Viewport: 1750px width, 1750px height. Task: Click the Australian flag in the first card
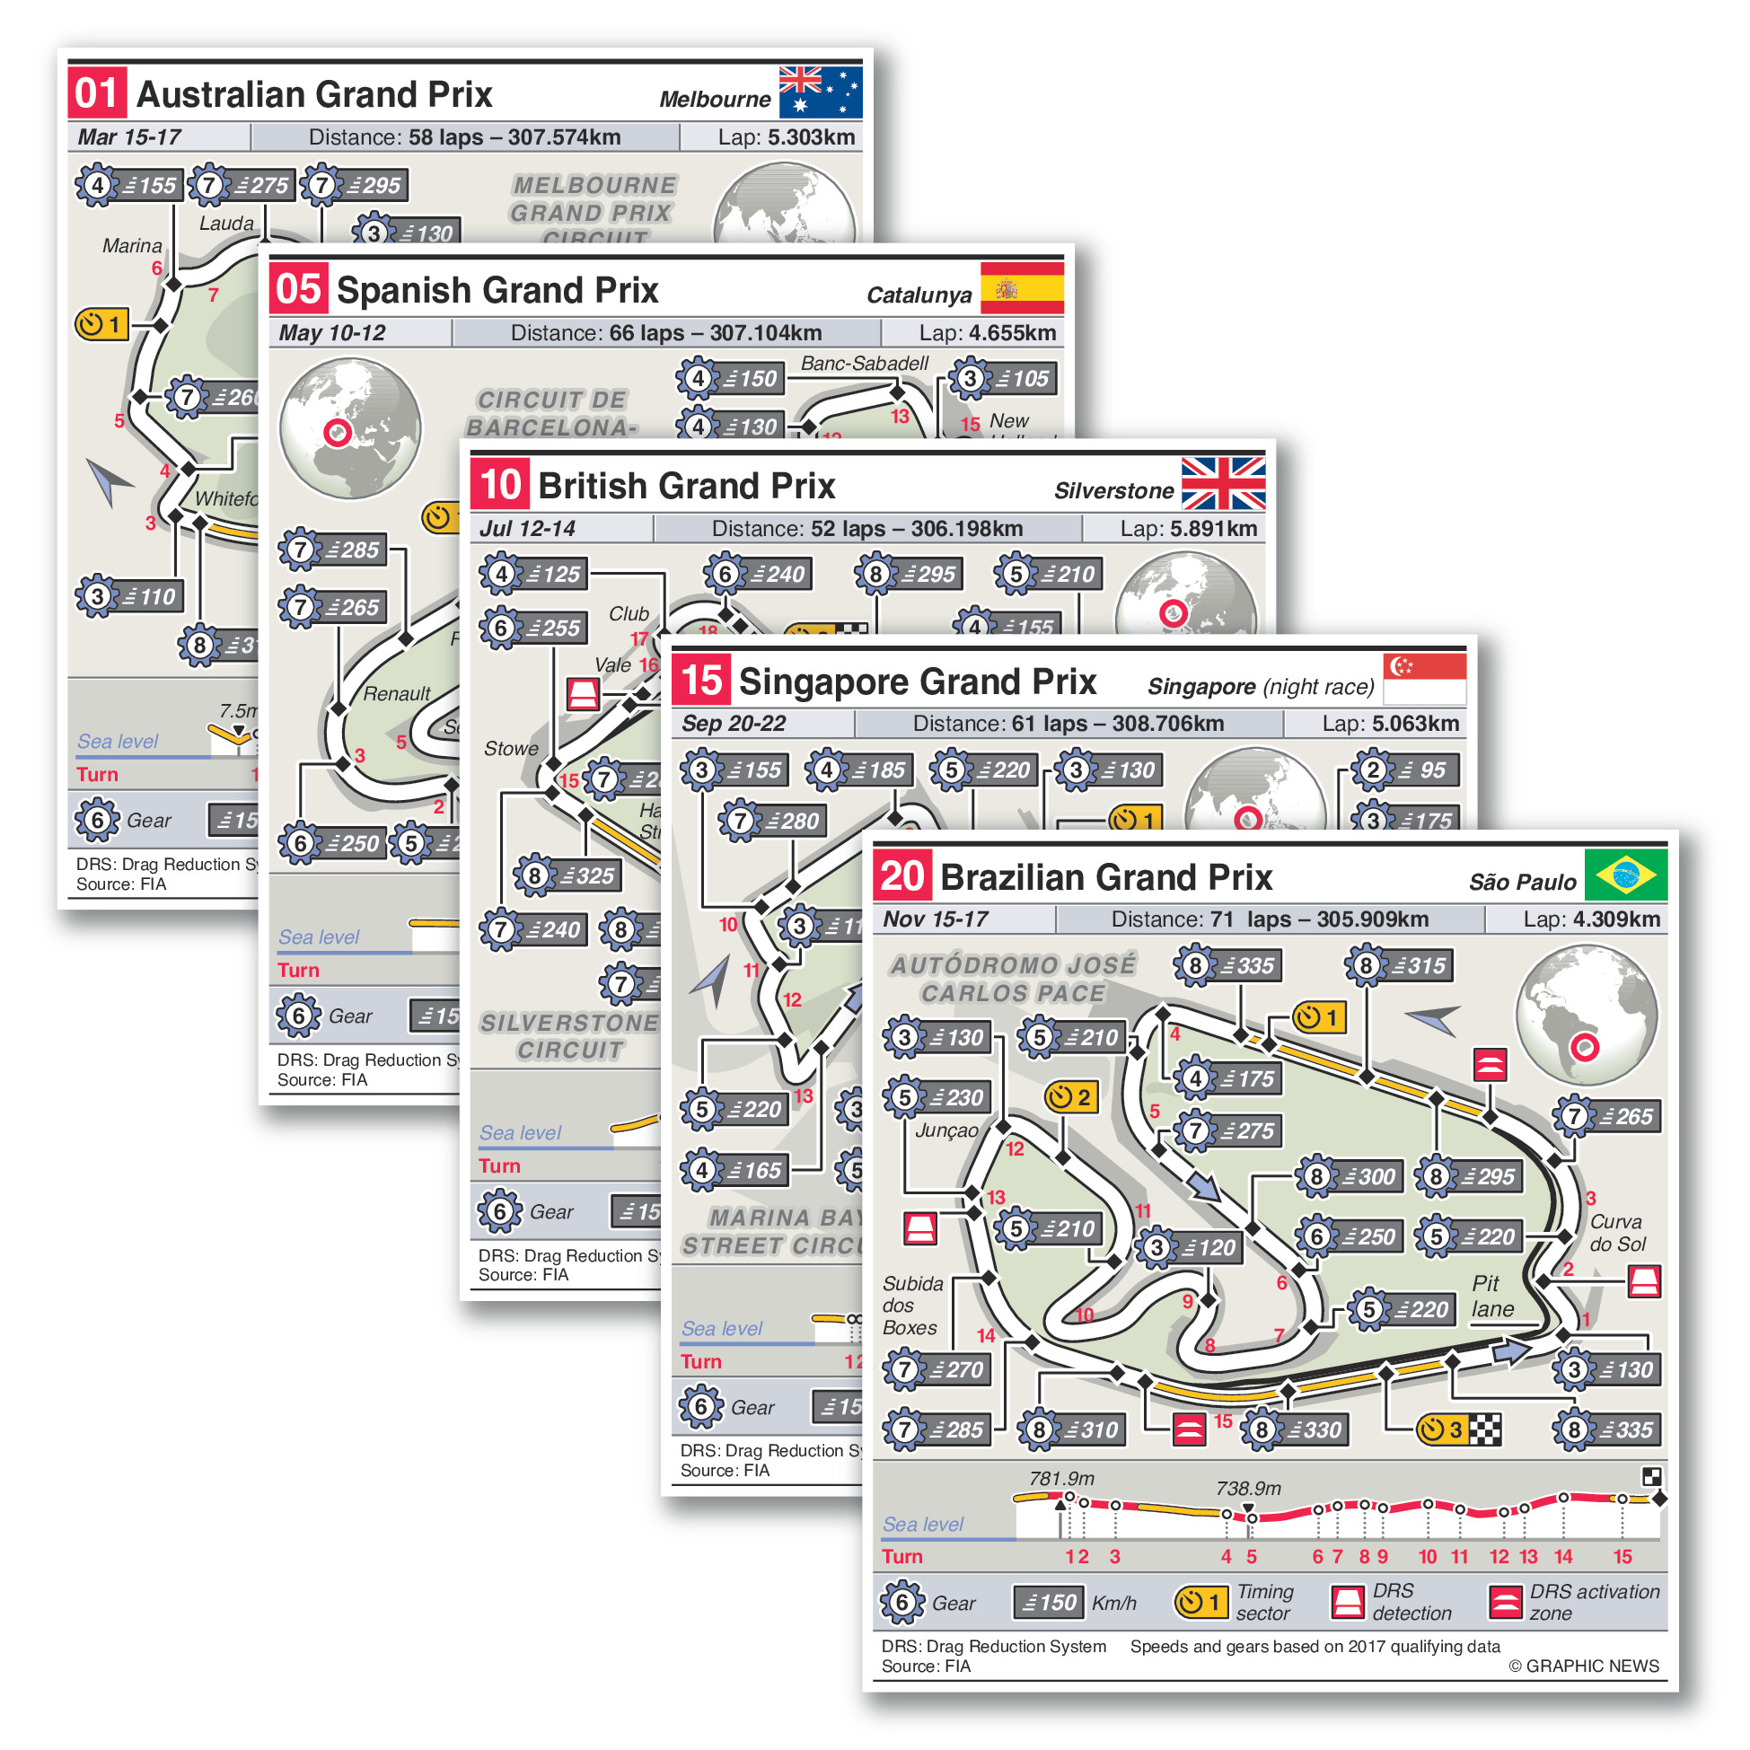point(820,92)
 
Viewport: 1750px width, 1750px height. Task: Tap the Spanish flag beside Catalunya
point(1022,288)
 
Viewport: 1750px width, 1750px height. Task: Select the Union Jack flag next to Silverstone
point(1223,484)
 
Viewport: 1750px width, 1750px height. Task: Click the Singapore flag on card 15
point(1425,680)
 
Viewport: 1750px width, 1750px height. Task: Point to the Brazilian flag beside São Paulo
point(1626,875)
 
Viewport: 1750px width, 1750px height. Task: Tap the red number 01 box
point(97,93)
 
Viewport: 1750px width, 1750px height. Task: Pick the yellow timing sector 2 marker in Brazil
point(1070,1098)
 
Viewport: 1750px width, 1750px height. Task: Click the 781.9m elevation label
point(1061,1479)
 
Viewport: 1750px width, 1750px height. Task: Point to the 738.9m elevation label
point(1248,1489)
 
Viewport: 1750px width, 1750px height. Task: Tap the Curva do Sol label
point(1618,1233)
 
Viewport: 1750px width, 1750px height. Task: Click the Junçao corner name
point(946,1130)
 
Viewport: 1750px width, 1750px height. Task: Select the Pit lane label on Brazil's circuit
point(1491,1297)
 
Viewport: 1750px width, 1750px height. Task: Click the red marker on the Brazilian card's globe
point(1584,1048)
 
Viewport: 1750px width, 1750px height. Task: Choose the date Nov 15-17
point(936,919)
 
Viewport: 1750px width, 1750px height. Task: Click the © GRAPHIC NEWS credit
point(1583,1666)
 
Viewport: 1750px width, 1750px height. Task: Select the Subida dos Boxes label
point(913,1306)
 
